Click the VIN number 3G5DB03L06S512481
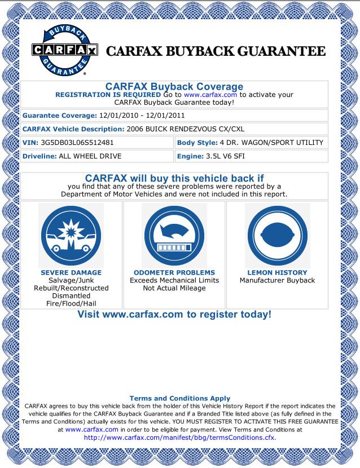coord(77,143)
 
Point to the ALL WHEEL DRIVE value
coord(90,156)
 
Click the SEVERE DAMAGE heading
coord(71,272)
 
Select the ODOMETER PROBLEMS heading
coord(174,272)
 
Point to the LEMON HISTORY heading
coord(277,272)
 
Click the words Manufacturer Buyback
coord(277,280)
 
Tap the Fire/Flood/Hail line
coord(71,304)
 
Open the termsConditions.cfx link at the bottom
coord(179,436)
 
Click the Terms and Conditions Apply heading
coord(179,398)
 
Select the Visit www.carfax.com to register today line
coord(174,314)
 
